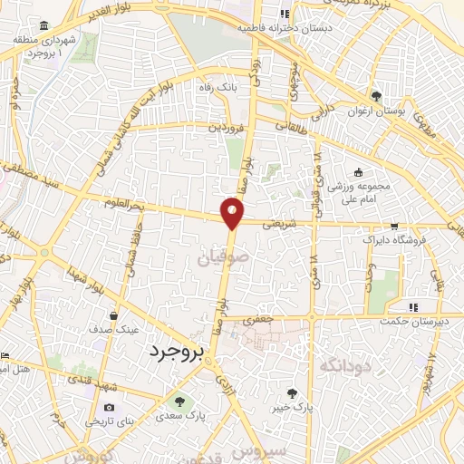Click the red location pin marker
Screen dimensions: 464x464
[x=233, y=214]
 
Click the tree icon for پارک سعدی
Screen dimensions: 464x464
[x=178, y=401]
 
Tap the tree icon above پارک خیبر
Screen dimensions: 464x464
[x=292, y=393]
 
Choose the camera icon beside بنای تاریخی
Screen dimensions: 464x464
[x=110, y=408]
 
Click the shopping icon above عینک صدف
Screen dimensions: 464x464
[x=113, y=316]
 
